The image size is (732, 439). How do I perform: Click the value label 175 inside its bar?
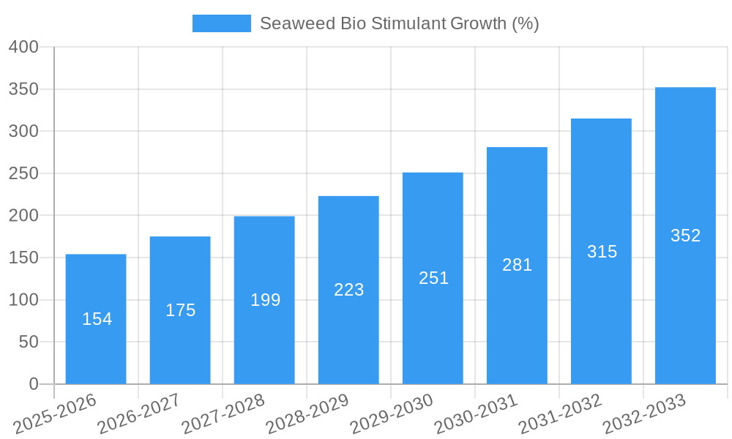tap(180, 310)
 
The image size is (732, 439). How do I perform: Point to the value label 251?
tap(433, 278)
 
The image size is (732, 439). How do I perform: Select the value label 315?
tap(602, 252)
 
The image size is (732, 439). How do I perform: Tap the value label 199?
tap(265, 300)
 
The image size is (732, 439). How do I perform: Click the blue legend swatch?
tap(221, 23)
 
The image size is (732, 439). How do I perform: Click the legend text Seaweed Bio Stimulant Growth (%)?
tap(399, 23)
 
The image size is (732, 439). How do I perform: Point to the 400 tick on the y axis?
tap(23, 47)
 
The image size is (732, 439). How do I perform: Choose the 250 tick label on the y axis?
tap(23, 173)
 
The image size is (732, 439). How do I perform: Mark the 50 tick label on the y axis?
tap(28, 342)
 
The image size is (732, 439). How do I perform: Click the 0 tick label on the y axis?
tap(33, 384)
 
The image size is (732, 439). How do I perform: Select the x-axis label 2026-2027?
tap(139, 413)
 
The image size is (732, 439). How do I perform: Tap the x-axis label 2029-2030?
tap(392, 413)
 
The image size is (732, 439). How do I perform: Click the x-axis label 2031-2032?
tap(561, 413)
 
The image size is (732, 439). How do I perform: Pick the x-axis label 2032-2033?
tap(644, 413)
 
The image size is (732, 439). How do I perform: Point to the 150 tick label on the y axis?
tap(23, 258)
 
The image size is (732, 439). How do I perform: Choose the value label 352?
tap(685, 236)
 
